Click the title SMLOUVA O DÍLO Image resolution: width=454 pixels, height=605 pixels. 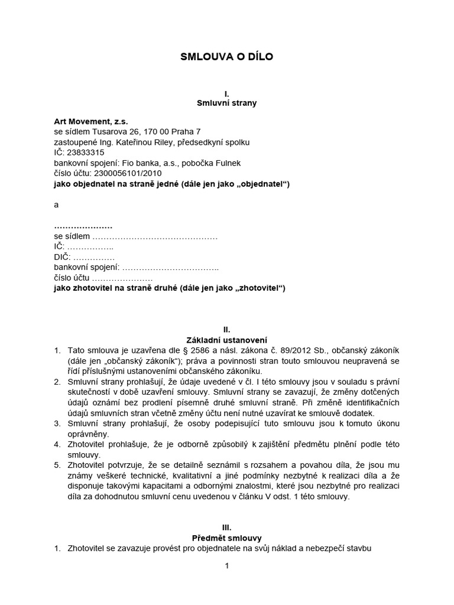[x=227, y=57]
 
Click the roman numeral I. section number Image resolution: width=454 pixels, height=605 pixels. [x=226, y=93]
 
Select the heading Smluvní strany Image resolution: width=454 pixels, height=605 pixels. [x=227, y=103]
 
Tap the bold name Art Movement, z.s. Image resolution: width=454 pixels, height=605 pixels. [x=90, y=121]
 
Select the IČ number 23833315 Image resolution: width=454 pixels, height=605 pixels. [x=86, y=152]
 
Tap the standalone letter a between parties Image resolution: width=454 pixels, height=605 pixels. [x=57, y=204]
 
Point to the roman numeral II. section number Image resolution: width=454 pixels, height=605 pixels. [x=226, y=330]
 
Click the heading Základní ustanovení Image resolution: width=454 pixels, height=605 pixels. [x=227, y=340]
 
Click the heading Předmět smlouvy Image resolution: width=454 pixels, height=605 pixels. [x=227, y=538]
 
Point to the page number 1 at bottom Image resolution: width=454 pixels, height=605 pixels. [x=226, y=566]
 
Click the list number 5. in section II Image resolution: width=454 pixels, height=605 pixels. [x=57, y=466]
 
